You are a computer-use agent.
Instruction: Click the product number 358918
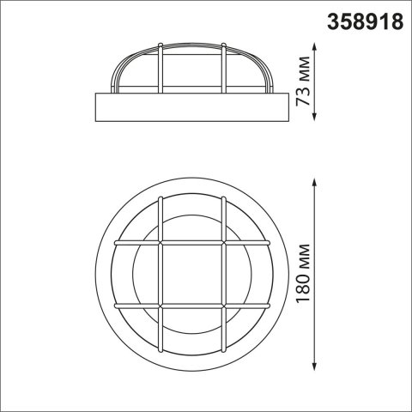pos(366,21)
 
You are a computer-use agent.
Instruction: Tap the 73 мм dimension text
pos(303,82)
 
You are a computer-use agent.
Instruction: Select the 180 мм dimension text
pos(303,274)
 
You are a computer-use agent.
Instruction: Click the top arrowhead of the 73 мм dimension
pos(315,47)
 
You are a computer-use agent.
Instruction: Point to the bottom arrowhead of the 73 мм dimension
pos(315,116)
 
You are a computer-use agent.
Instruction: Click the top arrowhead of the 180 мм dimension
pos(315,183)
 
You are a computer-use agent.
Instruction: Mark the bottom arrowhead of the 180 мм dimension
pos(315,367)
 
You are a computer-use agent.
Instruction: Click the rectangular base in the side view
pos(192,107)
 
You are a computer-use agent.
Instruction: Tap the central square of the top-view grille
pos(192,275)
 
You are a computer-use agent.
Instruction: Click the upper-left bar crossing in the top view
pos(161,243)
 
